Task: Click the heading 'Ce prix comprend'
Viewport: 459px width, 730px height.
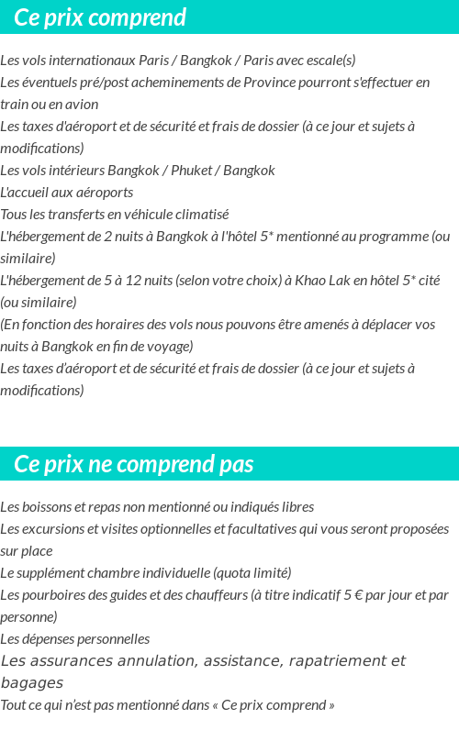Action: click(x=100, y=17)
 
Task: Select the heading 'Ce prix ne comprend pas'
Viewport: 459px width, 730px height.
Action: click(x=134, y=464)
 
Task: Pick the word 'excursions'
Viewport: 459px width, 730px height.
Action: click(x=48, y=529)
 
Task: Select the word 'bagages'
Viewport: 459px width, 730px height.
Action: click(x=31, y=683)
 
